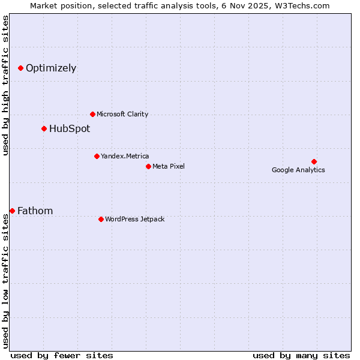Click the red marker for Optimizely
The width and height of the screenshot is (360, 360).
click(20, 68)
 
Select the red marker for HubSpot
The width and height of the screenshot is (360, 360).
click(44, 128)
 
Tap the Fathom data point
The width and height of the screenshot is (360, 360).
click(12, 211)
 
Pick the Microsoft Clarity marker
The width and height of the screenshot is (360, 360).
click(92, 114)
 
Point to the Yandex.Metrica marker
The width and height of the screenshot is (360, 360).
click(97, 156)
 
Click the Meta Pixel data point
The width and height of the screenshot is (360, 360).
click(148, 166)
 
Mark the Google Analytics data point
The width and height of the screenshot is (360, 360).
click(314, 161)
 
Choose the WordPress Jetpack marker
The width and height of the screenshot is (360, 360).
click(101, 219)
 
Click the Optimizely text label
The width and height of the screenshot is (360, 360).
click(51, 68)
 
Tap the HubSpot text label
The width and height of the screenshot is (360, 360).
click(70, 128)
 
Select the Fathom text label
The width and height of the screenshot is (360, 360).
click(35, 211)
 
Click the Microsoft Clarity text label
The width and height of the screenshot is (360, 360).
click(122, 114)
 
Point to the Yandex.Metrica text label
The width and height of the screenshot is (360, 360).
click(125, 156)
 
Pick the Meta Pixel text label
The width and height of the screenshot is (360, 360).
click(169, 166)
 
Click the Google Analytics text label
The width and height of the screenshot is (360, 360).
click(298, 170)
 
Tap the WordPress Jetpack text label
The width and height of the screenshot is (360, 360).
click(134, 219)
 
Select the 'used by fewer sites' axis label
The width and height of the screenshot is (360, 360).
click(62, 355)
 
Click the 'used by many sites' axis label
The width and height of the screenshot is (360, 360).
click(301, 355)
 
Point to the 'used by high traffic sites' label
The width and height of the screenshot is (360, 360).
click(5, 85)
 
